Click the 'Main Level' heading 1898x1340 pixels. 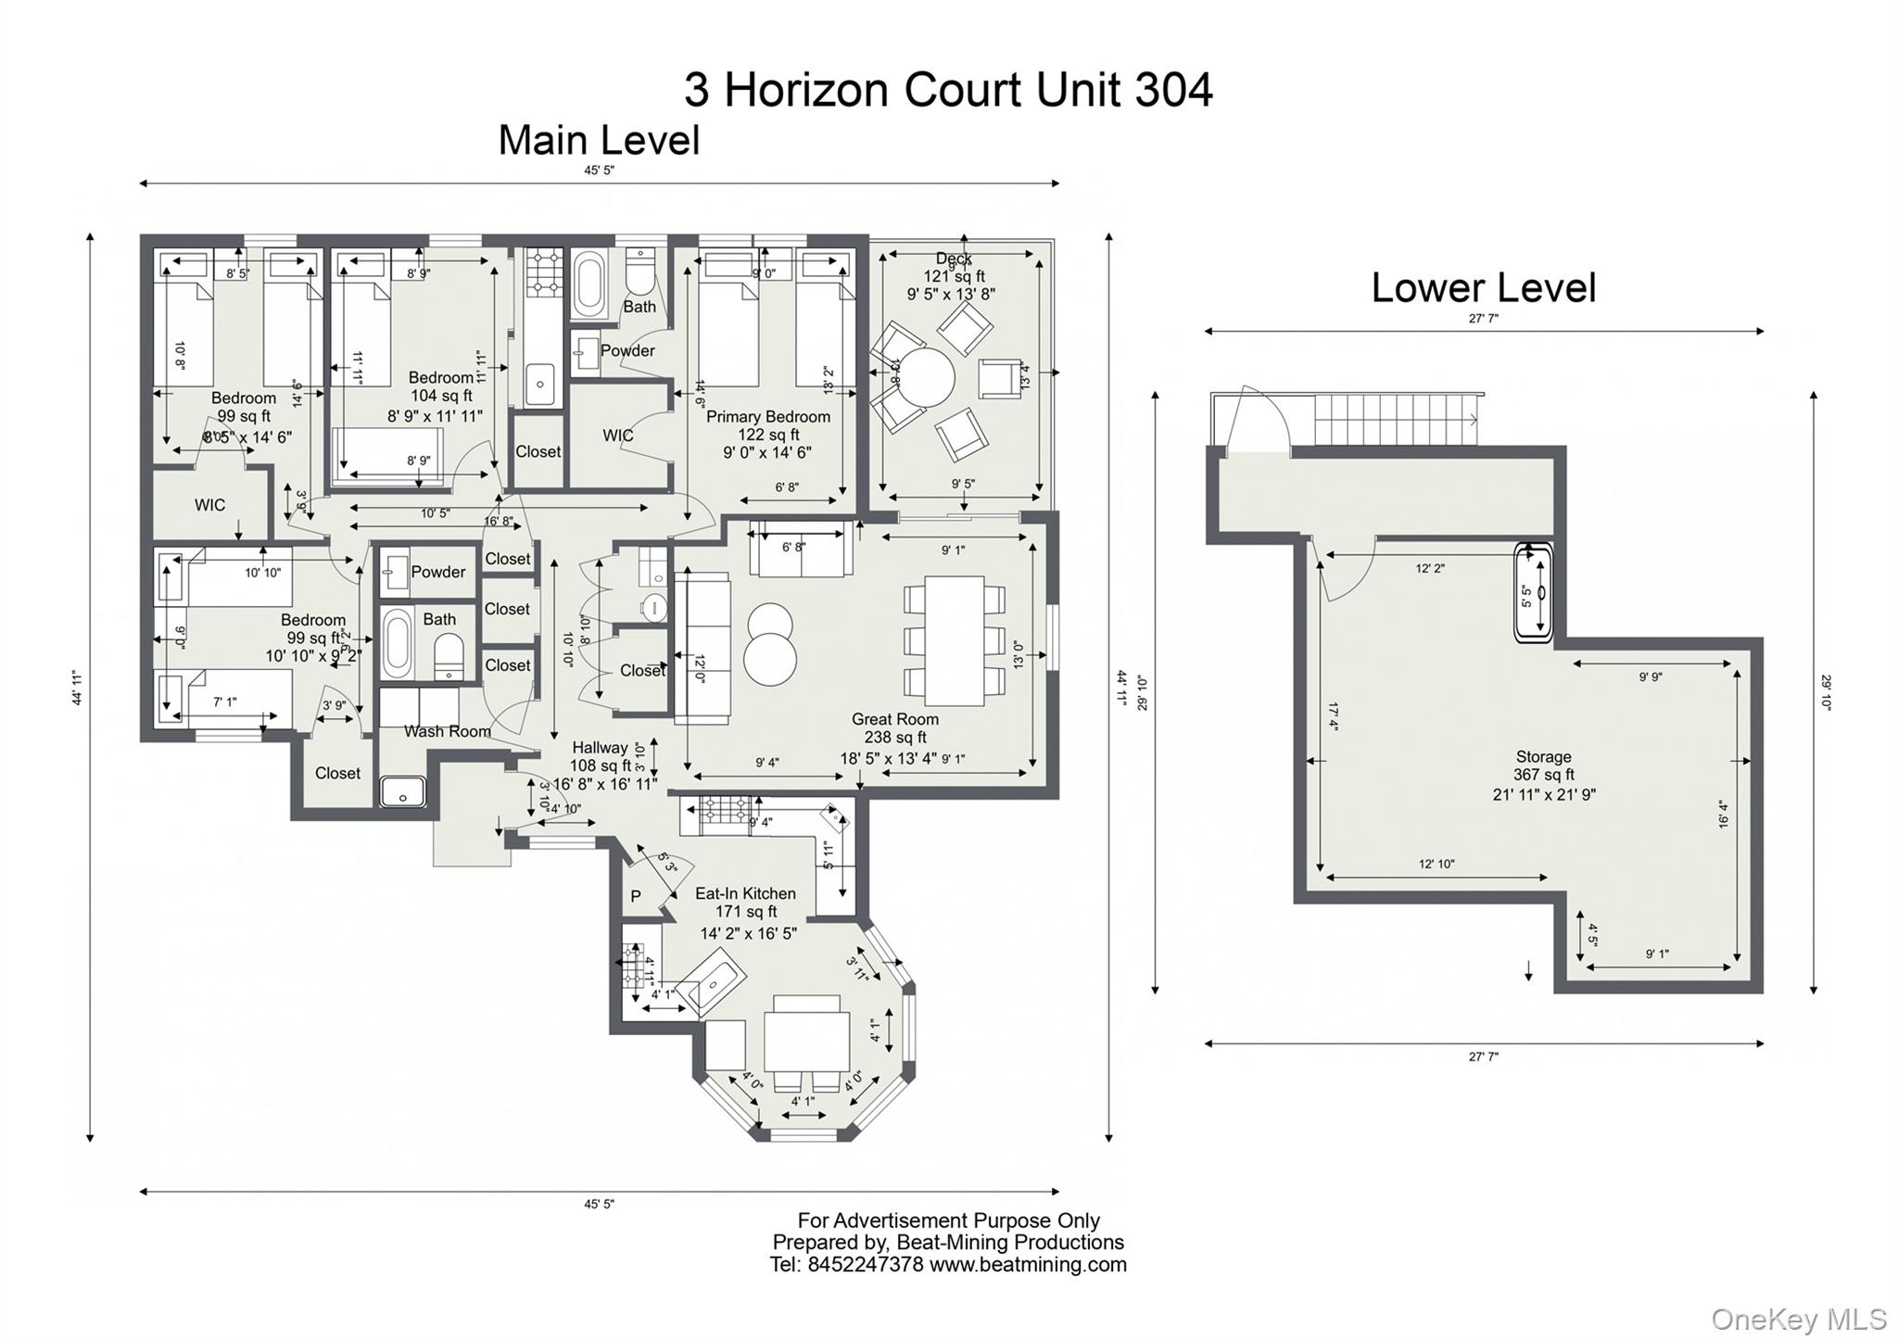tap(599, 141)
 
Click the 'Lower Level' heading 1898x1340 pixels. tap(1483, 288)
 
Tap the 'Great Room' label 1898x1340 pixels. tap(894, 719)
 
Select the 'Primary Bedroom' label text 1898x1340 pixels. tap(767, 417)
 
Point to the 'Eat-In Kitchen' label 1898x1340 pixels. tap(745, 893)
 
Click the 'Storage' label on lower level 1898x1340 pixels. tap(1543, 757)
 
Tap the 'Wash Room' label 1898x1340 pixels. tap(447, 731)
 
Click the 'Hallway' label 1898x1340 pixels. tap(600, 748)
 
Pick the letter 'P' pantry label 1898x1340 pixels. tap(636, 896)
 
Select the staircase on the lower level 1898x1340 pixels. tap(1395, 420)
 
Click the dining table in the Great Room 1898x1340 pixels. tap(954, 639)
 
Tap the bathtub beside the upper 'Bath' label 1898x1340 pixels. tap(589, 288)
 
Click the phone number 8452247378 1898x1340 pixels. tap(865, 1265)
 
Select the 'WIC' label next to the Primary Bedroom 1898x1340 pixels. tap(618, 436)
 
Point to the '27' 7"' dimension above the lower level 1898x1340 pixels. tap(1483, 318)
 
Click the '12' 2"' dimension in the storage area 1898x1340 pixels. tap(1429, 568)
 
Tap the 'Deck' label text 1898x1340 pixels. tap(953, 259)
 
